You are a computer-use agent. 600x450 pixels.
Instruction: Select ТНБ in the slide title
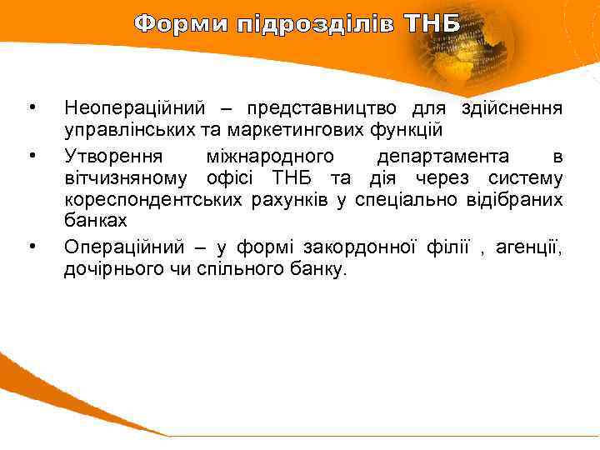432,23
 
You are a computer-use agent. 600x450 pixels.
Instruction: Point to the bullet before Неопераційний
32,107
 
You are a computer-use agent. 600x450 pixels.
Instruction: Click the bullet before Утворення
32,156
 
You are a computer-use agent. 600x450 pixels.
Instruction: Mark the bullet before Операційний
32,246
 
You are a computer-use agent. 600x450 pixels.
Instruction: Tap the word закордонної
388,247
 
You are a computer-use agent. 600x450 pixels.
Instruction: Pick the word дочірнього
111,269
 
